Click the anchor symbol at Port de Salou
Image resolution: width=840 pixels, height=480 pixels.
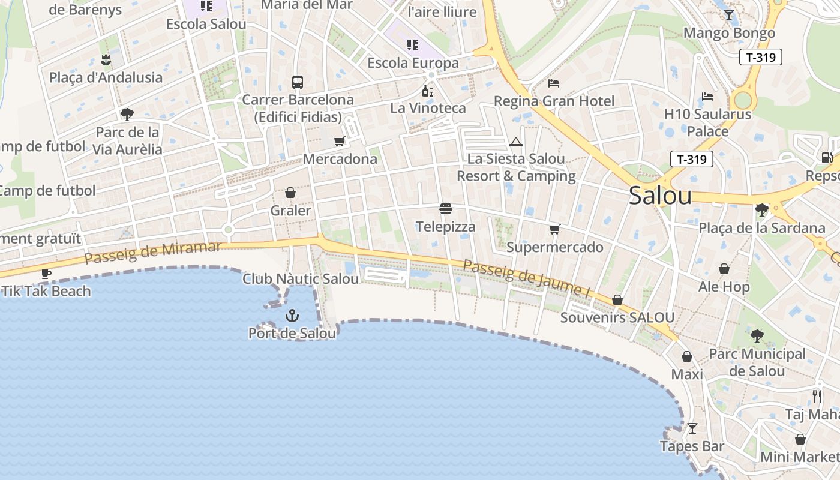(292, 315)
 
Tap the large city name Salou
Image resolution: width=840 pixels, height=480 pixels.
(660, 196)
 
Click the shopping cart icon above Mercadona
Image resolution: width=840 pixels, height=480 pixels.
(340, 142)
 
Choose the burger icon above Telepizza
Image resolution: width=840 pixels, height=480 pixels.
(446, 209)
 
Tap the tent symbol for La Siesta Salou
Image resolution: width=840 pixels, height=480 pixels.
(515, 142)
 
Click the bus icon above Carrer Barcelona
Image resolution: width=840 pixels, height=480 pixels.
(297, 82)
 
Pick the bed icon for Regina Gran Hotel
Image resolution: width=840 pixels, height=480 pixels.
(554, 83)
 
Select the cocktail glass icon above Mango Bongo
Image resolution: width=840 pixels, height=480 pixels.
(729, 15)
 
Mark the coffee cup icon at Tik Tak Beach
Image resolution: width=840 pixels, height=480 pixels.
(46, 274)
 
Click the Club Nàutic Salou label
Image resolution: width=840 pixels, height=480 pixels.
(301, 279)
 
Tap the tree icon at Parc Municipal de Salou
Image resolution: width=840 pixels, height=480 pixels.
(757, 336)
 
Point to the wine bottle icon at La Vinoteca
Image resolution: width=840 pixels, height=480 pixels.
(428, 91)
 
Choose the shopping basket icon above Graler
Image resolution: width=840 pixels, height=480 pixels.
(290, 193)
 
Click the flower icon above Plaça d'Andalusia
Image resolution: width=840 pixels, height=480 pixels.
(106, 59)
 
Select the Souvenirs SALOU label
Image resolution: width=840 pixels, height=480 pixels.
(617, 317)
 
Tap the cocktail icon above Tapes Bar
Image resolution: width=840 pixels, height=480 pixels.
(692, 428)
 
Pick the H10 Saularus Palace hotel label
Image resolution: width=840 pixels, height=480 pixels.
(708, 122)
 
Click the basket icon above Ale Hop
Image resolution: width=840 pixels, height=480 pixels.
(724, 269)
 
